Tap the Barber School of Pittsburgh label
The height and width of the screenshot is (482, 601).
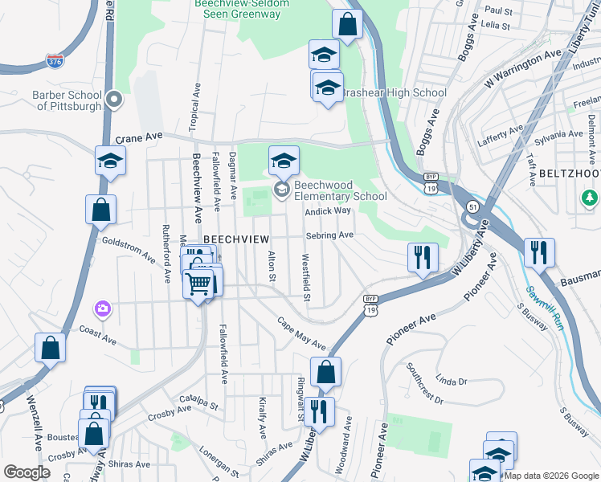(67, 100)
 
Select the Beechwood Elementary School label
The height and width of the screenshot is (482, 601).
(340, 190)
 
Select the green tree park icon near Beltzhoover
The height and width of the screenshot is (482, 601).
(591, 197)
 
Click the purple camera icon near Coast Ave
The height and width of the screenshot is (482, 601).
(102, 308)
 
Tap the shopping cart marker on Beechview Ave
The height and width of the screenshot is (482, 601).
(198, 282)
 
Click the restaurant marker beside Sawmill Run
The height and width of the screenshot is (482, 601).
(539, 252)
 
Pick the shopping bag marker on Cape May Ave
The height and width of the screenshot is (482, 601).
(325, 372)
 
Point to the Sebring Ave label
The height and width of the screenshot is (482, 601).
(329, 235)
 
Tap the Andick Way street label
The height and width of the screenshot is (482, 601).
(328, 210)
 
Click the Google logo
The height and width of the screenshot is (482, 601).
(27, 472)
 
